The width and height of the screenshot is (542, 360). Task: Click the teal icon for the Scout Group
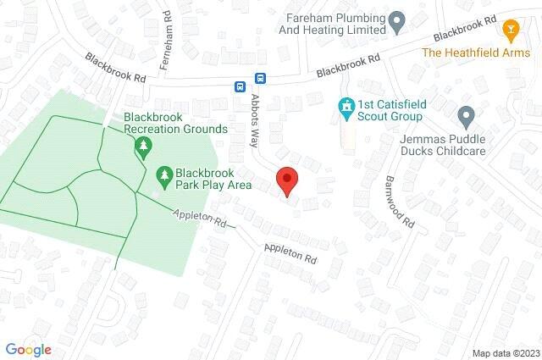click(345, 106)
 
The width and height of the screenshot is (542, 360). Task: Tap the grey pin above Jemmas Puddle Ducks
click(464, 114)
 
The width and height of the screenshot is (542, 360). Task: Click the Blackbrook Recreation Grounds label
click(175, 123)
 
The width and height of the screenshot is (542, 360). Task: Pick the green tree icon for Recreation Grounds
click(143, 147)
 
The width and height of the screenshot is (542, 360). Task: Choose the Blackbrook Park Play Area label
click(204, 176)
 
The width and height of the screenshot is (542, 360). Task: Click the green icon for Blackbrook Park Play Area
click(163, 176)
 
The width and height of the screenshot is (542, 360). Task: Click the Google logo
click(28, 349)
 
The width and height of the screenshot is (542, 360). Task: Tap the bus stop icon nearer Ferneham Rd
click(241, 86)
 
